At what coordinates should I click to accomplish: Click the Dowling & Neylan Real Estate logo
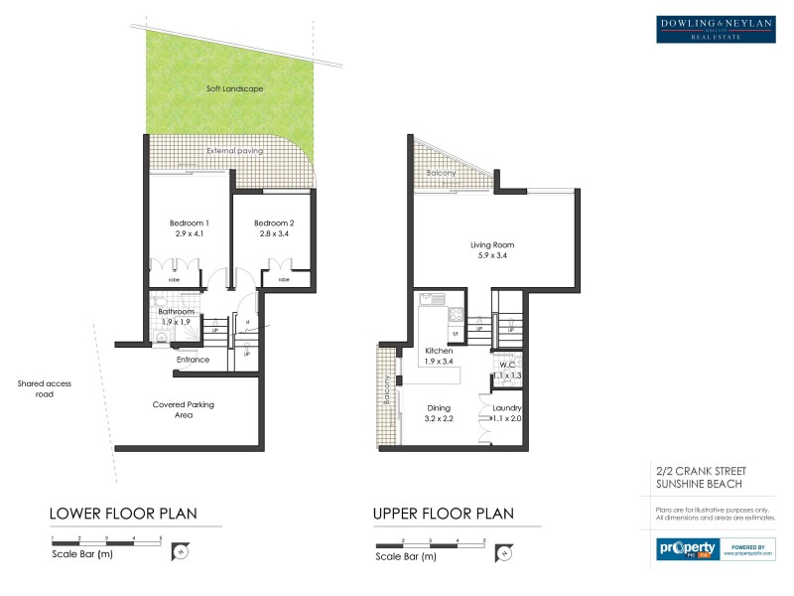pyautogui.click(x=716, y=30)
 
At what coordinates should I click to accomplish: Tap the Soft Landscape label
pyautogui.click(x=233, y=89)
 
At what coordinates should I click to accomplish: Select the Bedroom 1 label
pyautogui.click(x=189, y=223)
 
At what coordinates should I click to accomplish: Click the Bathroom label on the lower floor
pyautogui.click(x=176, y=311)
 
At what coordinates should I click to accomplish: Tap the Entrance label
pyautogui.click(x=192, y=360)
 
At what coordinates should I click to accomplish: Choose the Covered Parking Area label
pyautogui.click(x=184, y=409)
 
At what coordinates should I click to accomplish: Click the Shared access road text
pyautogui.click(x=44, y=388)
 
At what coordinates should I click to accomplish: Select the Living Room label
pyautogui.click(x=491, y=244)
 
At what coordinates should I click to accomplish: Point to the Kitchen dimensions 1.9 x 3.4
pyautogui.click(x=439, y=362)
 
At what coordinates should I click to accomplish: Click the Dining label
pyautogui.click(x=439, y=407)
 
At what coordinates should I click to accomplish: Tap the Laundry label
pyautogui.click(x=507, y=408)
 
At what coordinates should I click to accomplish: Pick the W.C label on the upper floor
pyautogui.click(x=506, y=365)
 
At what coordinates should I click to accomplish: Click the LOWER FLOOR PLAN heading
pyautogui.click(x=123, y=514)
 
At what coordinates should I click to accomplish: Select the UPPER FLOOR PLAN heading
pyautogui.click(x=443, y=514)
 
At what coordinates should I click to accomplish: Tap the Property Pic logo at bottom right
pyautogui.click(x=687, y=548)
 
